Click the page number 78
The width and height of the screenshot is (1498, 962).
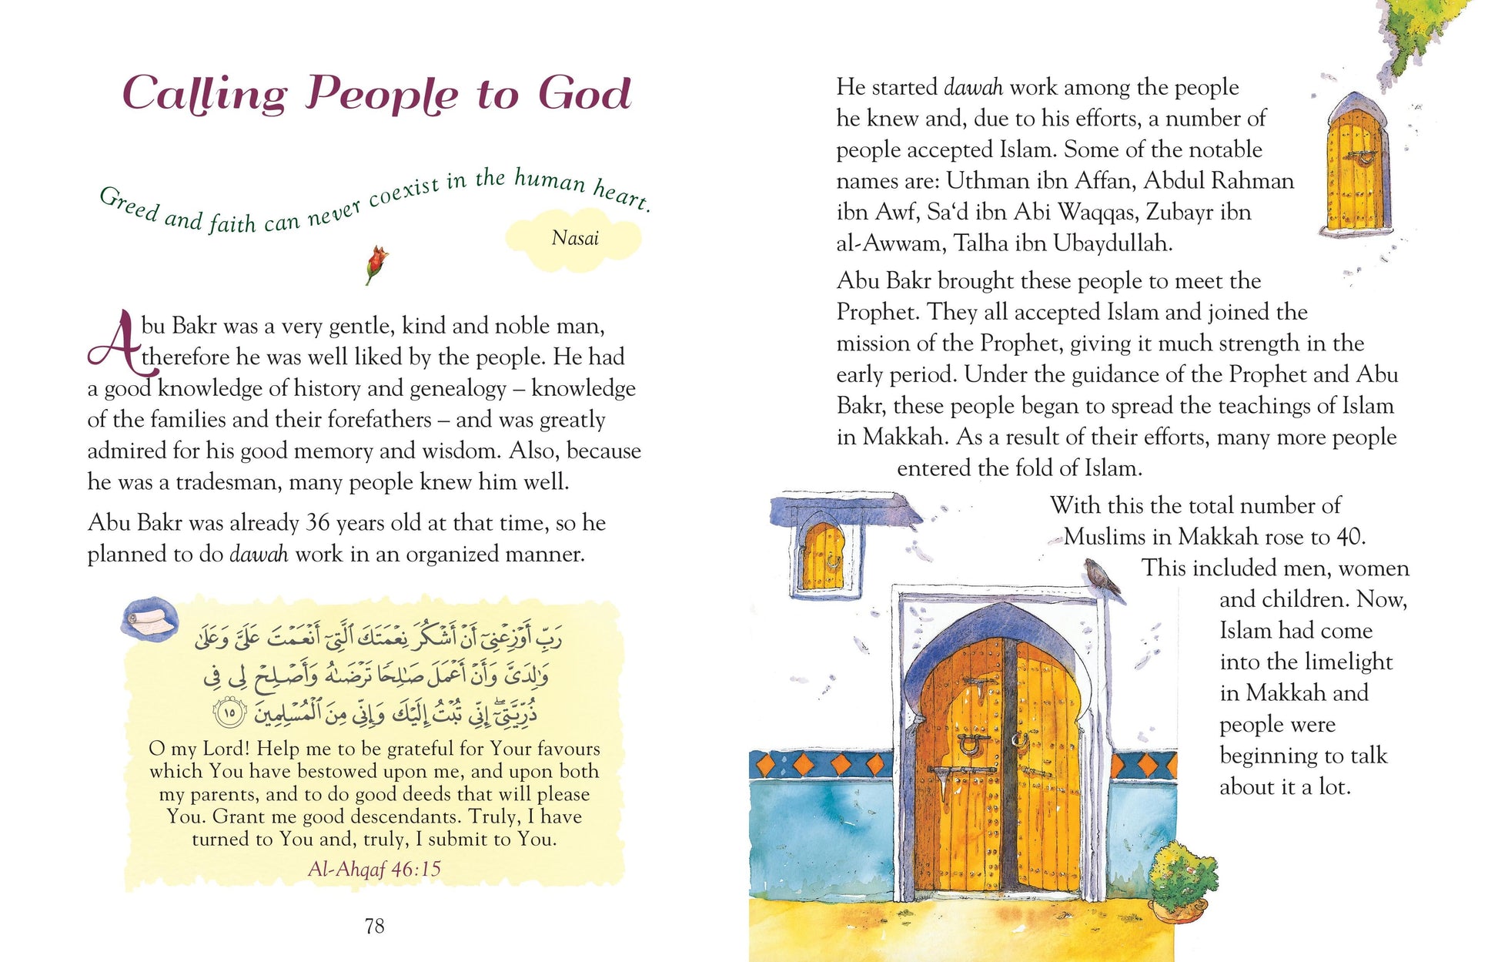(x=374, y=926)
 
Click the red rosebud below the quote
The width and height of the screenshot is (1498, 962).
(x=376, y=262)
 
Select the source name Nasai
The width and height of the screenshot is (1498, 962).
(x=575, y=238)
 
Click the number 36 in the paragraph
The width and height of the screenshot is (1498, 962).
(x=318, y=523)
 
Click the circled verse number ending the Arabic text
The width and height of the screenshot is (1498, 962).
(x=229, y=713)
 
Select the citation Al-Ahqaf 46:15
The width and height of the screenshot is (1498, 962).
(x=374, y=869)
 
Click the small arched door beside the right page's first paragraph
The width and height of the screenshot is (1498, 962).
(x=1358, y=166)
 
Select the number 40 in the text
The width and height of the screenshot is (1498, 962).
(x=1349, y=537)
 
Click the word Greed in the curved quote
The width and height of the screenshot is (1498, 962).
(x=129, y=204)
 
